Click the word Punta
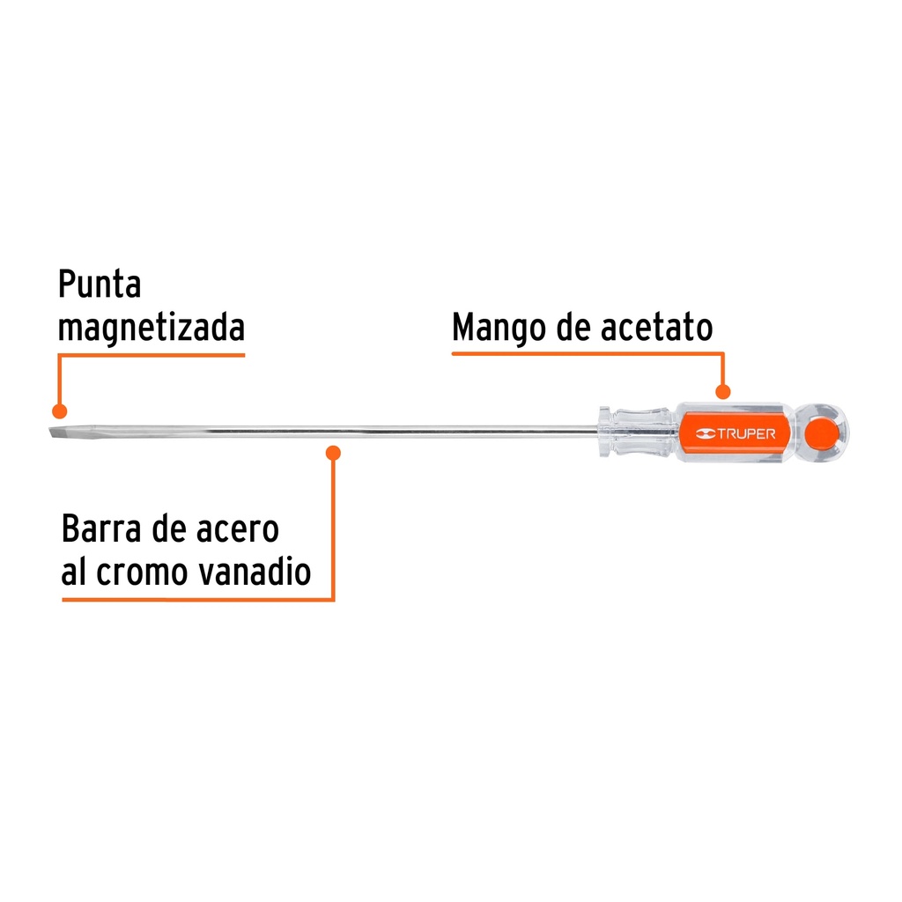[100, 284]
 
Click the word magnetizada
[152, 328]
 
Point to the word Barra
[101, 529]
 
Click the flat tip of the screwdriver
[58, 432]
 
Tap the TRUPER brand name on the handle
[746, 433]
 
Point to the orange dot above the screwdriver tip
[59, 410]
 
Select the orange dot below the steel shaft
[333, 453]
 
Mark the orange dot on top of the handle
[722, 392]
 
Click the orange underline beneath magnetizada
[152, 355]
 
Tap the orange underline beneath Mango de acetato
[588, 353]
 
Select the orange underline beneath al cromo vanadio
[198, 599]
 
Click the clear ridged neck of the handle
[636, 433]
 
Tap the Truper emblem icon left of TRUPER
[706, 433]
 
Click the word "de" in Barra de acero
[168, 529]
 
